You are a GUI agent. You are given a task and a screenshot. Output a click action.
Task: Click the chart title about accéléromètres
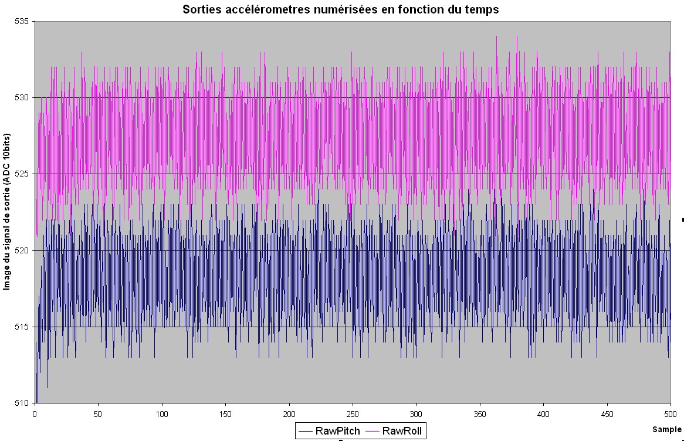[340, 9]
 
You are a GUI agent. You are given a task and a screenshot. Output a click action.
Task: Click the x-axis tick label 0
[35, 413]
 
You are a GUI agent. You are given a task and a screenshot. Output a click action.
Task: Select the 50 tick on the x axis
[98, 413]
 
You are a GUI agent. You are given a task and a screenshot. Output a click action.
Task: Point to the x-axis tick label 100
[162, 413]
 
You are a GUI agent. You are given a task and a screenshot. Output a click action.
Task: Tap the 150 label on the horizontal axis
[225, 413]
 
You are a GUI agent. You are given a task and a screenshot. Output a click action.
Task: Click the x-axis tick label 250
[353, 413]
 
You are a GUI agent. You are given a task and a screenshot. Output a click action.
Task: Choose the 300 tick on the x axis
[416, 413]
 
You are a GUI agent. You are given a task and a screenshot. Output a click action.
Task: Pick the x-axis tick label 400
[543, 413]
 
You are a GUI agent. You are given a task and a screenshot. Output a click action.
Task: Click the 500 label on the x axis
[670, 413]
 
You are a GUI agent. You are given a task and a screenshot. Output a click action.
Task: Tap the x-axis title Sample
[666, 430]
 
